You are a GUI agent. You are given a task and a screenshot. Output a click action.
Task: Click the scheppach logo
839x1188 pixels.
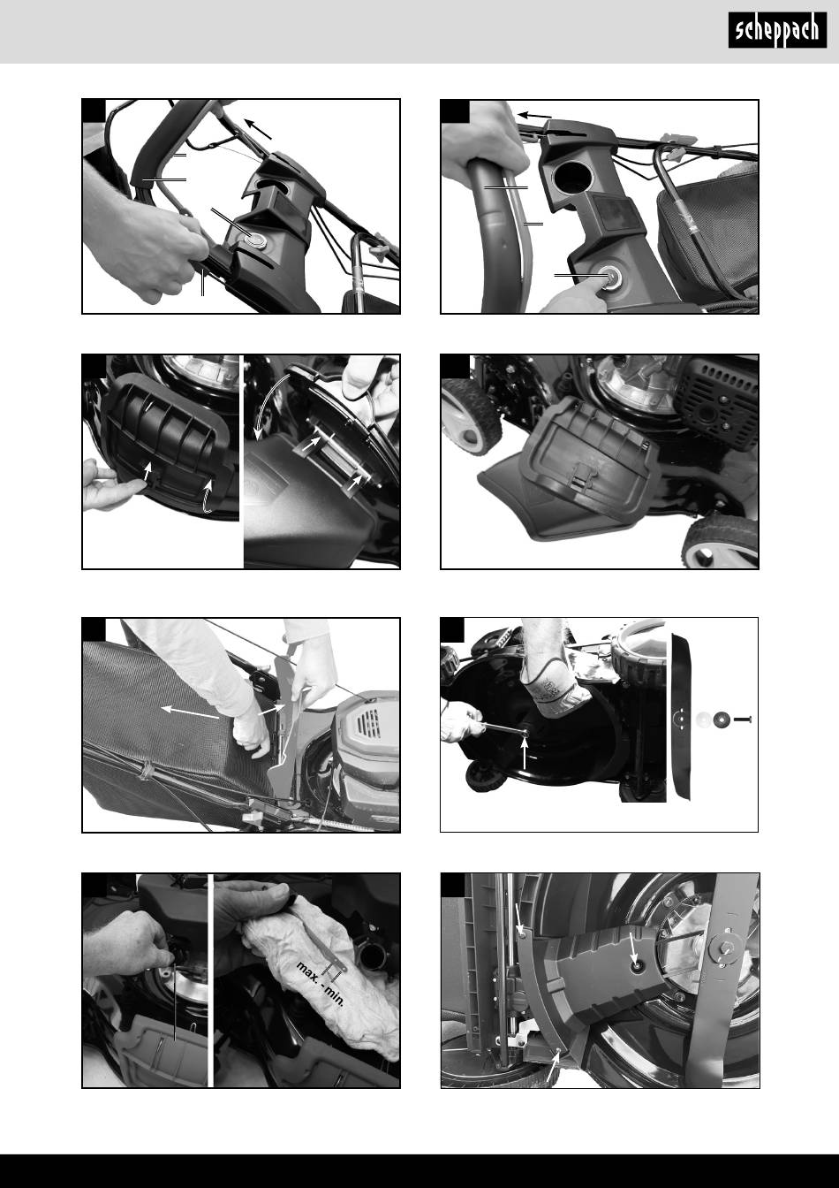[777, 30]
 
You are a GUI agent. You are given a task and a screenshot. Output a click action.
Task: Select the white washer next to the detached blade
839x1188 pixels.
[705, 720]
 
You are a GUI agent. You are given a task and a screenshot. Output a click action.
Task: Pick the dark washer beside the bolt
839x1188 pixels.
[722, 720]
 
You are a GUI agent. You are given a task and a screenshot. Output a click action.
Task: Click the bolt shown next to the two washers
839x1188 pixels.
[742, 720]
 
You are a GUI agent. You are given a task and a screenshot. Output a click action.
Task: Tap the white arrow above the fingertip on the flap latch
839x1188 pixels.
[148, 471]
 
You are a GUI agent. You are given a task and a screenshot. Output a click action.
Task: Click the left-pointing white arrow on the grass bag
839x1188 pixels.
[190, 712]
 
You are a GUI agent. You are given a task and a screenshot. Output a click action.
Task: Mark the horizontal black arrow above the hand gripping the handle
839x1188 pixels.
[535, 115]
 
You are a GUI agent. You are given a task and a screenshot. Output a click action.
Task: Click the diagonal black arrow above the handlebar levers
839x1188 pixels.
[258, 129]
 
